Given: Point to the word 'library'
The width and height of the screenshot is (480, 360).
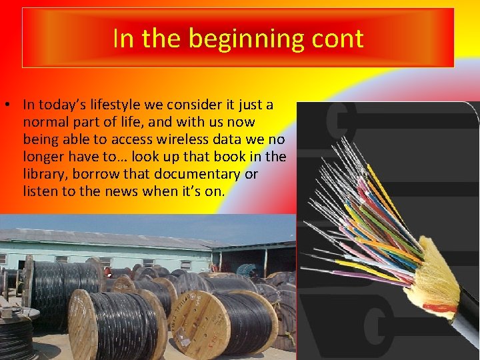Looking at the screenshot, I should click(43, 175).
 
